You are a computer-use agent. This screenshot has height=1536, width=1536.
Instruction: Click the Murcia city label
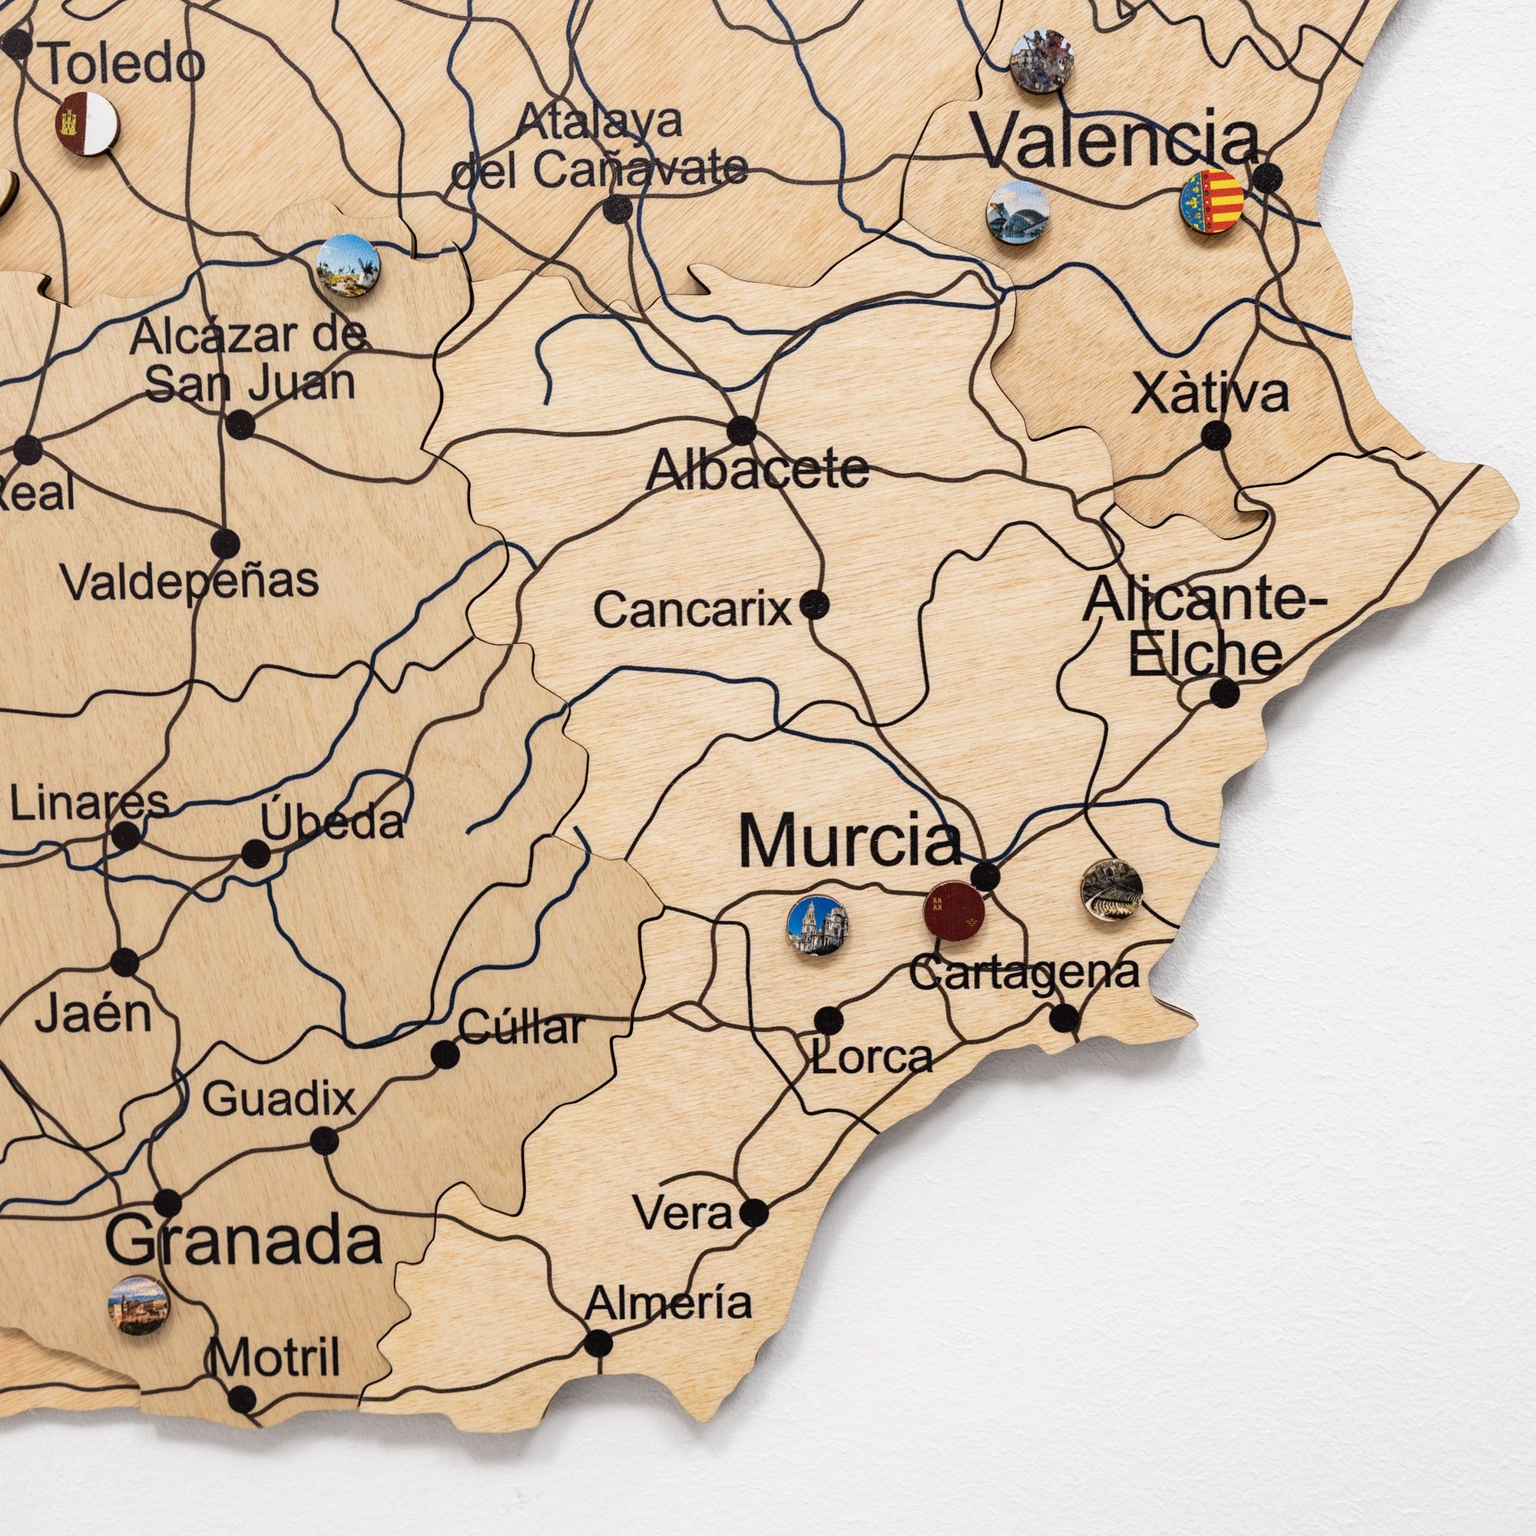(x=850, y=841)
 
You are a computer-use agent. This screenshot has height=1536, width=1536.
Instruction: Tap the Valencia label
(x=1116, y=141)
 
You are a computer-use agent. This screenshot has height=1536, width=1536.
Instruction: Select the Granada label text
(x=244, y=1241)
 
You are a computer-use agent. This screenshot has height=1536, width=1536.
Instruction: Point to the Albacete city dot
(x=742, y=430)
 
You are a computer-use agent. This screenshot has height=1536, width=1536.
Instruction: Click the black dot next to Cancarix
(x=813, y=605)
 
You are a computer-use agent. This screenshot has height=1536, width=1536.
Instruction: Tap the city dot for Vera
(x=753, y=1213)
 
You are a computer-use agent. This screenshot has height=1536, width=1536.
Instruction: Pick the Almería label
(x=668, y=1303)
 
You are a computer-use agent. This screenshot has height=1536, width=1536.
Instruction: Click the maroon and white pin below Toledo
(x=87, y=123)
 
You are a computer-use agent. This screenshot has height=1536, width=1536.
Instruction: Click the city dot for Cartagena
(x=1064, y=1017)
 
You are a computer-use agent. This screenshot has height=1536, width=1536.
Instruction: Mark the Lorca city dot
(x=829, y=1019)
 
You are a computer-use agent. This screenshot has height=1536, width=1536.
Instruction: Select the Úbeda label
(x=333, y=821)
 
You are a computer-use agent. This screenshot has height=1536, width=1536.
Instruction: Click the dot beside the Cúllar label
(x=445, y=1055)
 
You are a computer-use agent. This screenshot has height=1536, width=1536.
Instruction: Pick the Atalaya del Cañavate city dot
(x=617, y=209)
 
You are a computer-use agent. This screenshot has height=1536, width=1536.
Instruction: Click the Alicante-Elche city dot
(x=1224, y=693)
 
